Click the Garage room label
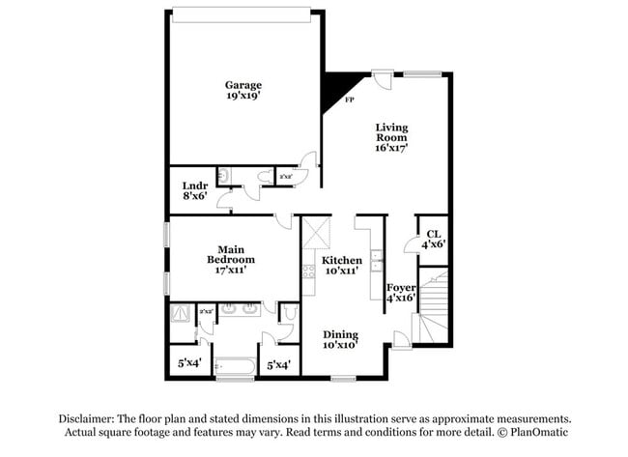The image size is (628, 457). pyautogui.click(x=243, y=91)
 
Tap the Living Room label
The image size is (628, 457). pyautogui.click(x=391, y=137)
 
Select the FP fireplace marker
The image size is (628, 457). pyautogui.click(x=349, y=99)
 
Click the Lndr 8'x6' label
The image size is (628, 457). pyautogui.click(x=194, y=189)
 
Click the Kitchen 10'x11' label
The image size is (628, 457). pyautogui.click(x=342, y=266)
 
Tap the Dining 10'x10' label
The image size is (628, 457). pyautogui.click(x=340, y=340)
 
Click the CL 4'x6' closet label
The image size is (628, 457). pyautogui.click(x=433, y=239)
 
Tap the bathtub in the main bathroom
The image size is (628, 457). pyautogui.click(x=234, y=366)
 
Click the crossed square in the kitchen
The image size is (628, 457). pyautogui.click(x=316, y=233)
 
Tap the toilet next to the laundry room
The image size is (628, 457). pyautogui.click(x=223, y=175)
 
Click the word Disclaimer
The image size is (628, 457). pyautogui.click(x=86, y=418)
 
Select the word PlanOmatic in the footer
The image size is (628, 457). pyautogui.click(x=536, y=432)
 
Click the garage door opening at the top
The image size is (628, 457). pyautogui.click(x=243, y=14)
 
